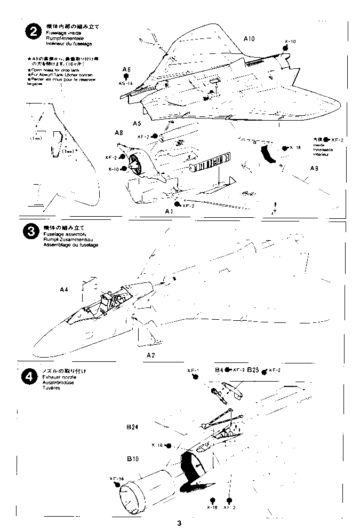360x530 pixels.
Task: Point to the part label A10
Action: [x=250, y=39]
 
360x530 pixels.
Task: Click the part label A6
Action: [x=126, y=70]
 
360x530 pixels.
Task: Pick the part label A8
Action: [x=119, y=132]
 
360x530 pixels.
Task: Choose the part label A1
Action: [x=170, y=211]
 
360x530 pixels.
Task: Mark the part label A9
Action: [x=315, y=169]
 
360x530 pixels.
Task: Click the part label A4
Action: [x=64, y=289]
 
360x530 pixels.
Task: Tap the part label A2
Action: [x=150, y=354]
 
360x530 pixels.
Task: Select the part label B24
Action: [x=132, y=426]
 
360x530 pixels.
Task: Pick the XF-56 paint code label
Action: [x=116, y=478]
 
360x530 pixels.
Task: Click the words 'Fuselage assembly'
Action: [x=56, y=233]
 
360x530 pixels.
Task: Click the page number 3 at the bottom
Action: [x=180, y=523]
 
